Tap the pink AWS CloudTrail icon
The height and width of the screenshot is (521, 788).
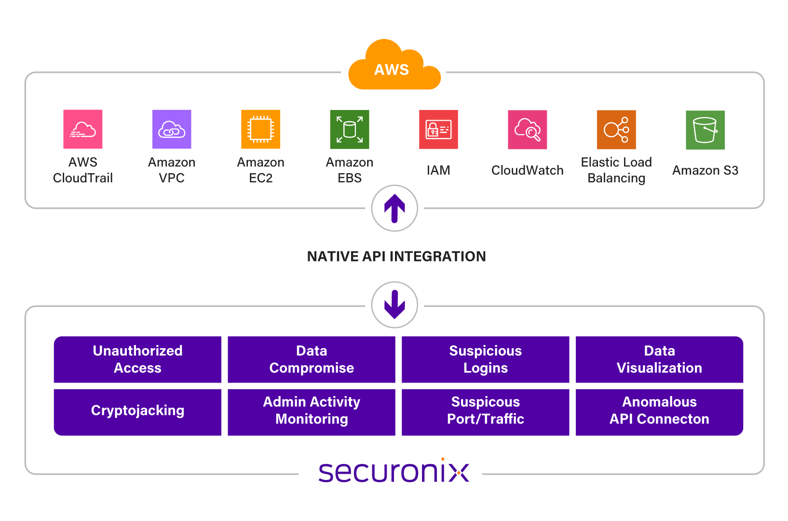(x=83, y=129)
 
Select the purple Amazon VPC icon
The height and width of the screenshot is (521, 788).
(x=172, y=129)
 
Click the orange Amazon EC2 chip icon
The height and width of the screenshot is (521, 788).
(x=260, y=129)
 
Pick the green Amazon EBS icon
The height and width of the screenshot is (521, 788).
(x=350, y=129)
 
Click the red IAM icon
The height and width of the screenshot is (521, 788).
(x=438, y=129)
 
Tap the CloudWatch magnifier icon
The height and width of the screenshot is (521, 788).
(x=528, y=129)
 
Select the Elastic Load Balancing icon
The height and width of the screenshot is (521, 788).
(x=616, y=129)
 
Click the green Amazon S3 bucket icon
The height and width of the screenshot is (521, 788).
(x=705, y=129)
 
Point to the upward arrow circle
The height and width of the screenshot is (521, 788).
(x=394, y=208)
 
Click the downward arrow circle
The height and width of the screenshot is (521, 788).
(x=394, y=305)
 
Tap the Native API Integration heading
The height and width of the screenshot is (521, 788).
(x=396, y=256)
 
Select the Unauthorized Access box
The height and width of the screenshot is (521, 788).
(x=137, y=359)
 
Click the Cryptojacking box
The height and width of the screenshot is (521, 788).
(x=137, y=411)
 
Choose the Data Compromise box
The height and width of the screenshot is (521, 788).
(x=312, y=359)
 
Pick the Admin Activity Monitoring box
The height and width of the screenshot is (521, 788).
(x=312, y=411)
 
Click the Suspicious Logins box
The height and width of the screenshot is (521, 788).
(x=486, y=359)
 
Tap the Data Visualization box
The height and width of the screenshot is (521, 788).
(x=659, y=359)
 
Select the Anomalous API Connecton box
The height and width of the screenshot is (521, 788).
(x=659, y=411)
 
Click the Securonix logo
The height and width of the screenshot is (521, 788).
(x=394, y=471)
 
